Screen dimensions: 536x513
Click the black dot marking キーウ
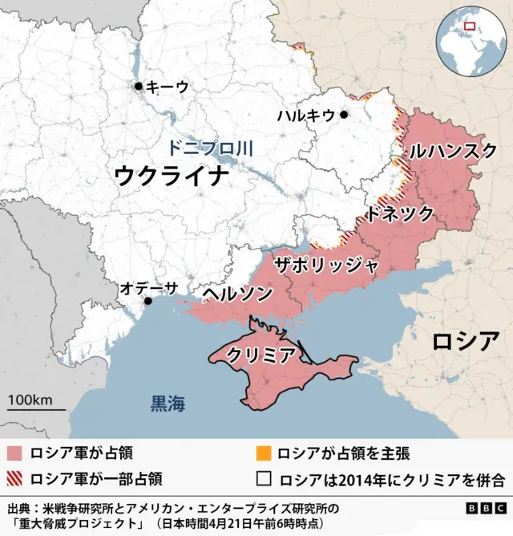(x=139, y=86)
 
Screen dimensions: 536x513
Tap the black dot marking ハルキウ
(x=344, y=115)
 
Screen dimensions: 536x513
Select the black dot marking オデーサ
(x=147, y=301)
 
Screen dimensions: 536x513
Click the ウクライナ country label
(x=172, y=175)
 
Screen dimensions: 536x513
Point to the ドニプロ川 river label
(x=210, y=148)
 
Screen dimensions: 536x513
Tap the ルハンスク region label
(x=453, y=150)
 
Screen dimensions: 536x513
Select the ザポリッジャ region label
(x=325, y=266)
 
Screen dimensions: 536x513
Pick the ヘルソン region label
(x=236, y=294)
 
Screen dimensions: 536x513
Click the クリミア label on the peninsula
(x=262, y=355)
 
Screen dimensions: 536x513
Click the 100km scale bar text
(x=30, y=400)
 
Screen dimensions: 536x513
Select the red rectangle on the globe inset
(x=470, y=25)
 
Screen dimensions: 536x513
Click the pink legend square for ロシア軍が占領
(x=14, y=453)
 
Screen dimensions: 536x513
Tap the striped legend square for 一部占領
(x=14, y=479)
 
